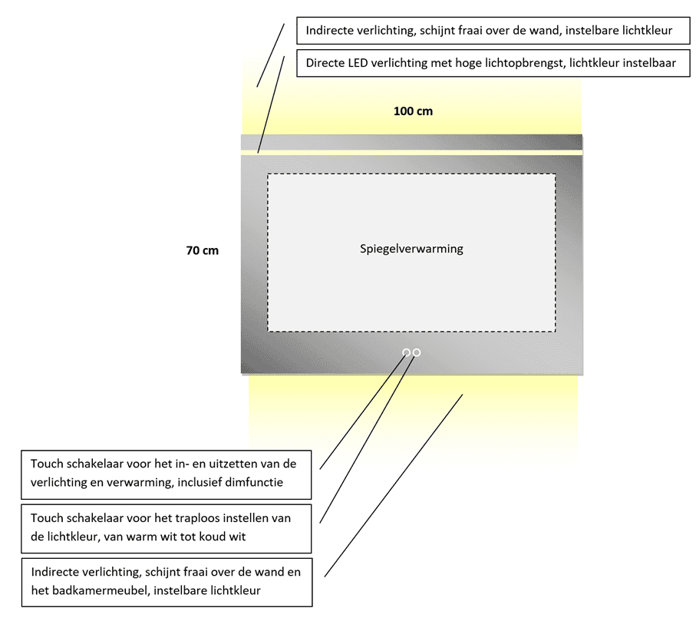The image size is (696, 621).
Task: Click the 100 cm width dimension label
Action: (x=413, y=111)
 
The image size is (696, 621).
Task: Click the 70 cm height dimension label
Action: (x=202, y=250)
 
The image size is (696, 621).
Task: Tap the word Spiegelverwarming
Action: (x=411, y=249)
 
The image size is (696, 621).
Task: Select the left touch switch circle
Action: (x=406, y=352)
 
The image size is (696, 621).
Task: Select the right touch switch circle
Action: (x=417, y=352)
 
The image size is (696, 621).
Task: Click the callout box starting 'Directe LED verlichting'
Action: (x=490, y=63)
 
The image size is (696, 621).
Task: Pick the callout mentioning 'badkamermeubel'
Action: (x=167, y=582)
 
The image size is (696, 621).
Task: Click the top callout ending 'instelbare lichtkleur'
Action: (x=490, y=31)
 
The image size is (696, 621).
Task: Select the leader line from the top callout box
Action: (x=270, y=55)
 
